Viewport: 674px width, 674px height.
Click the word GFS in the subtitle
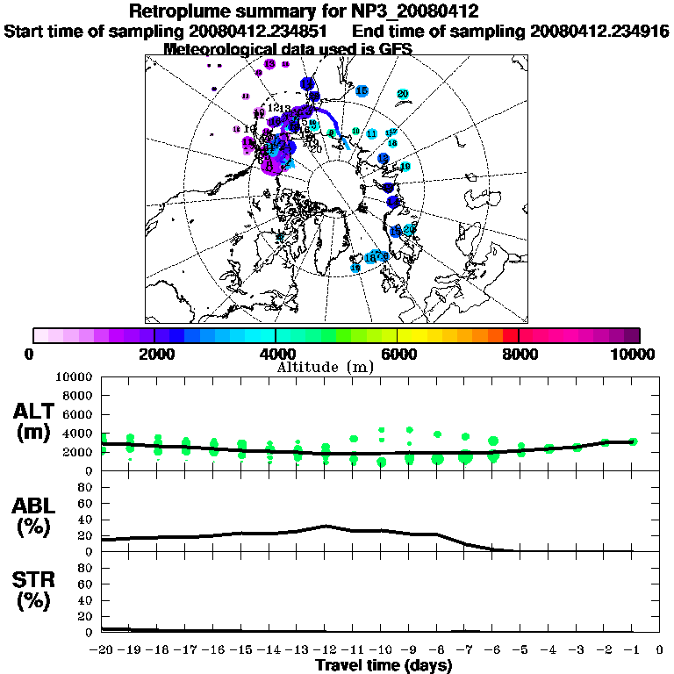[x=395, y=49]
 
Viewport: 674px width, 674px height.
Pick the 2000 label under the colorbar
[x=154, y=355]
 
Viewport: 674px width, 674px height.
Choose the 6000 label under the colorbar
[x=398, y=355]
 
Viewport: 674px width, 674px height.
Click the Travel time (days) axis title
[x=384, y=665]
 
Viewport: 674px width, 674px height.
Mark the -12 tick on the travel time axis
[x=326, y=650]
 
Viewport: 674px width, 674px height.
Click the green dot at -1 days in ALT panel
[x=633, y=441]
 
